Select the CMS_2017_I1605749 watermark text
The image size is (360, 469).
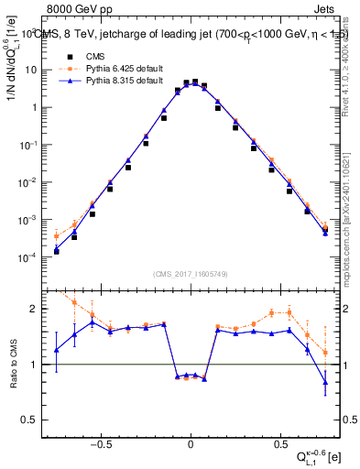(191, 275)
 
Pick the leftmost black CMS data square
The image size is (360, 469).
(57, 251)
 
